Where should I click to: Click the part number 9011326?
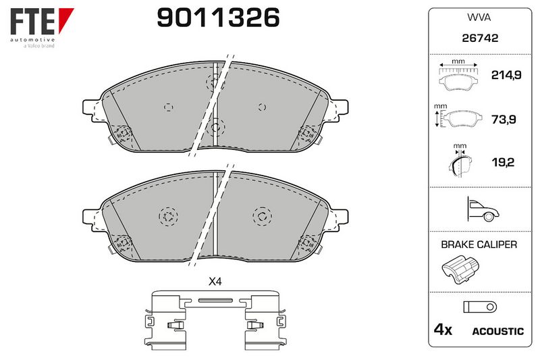pyautogui.click(x=218, y=18)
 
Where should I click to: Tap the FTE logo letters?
pyautogui.click(x=32, y=22)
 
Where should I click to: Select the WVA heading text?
pyautogui.click(x=479, y=18)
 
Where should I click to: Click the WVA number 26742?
pyautogui.click(x=480, y=38)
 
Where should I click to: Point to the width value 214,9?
pyautogui.click(x=506, y=75)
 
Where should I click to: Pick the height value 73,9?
pyautogui.click(x=504, y=120)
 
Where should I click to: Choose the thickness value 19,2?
pyautogui.click(x=503, y=162)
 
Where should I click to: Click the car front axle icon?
pyautogui.click(x=483, y=209)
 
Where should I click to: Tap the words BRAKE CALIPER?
pyautogui.click(x=479, y=245)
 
